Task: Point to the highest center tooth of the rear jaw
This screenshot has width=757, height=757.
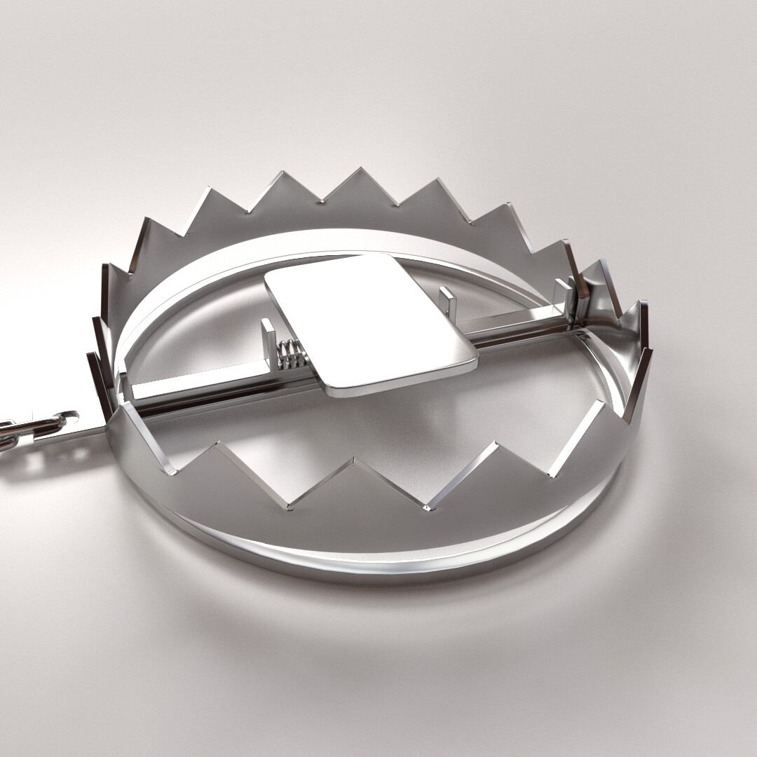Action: [x=360, y=170]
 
